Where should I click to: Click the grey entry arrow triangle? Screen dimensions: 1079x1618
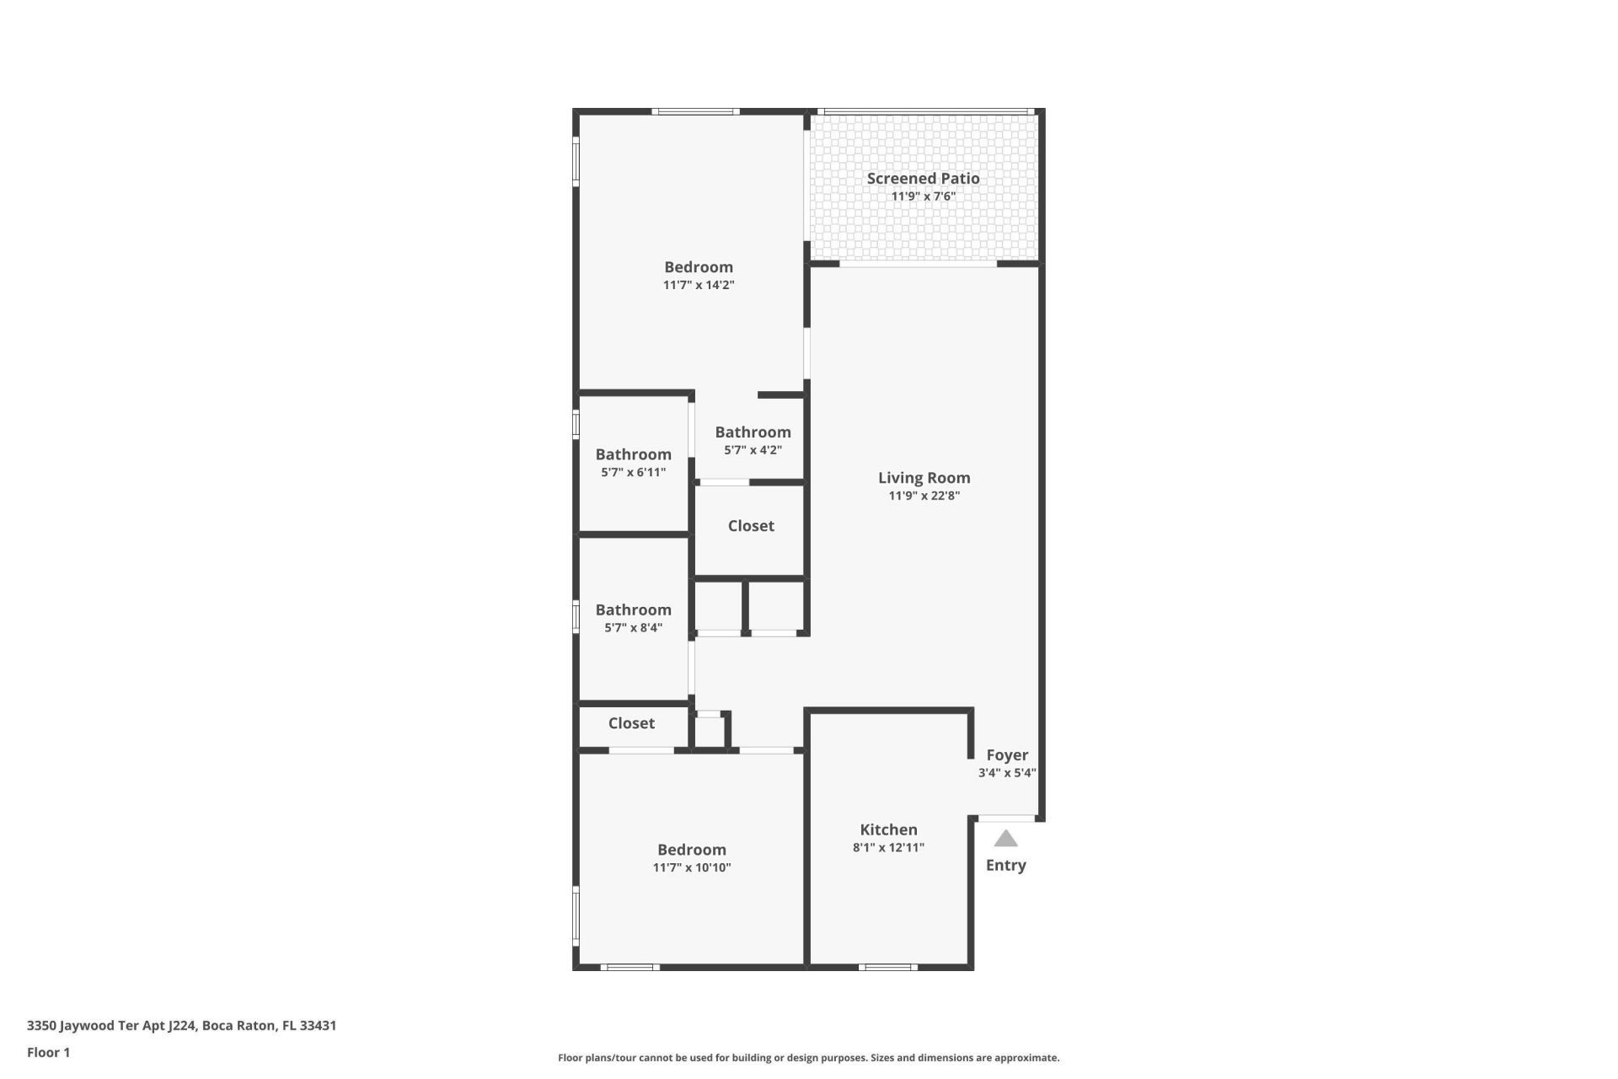(1005, 839)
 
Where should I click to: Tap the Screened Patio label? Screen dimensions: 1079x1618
(923, 178)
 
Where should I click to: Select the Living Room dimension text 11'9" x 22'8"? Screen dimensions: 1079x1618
(924, 496)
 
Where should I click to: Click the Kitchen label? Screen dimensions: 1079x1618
(888, 829)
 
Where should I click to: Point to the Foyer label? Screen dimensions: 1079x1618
(1007, 755)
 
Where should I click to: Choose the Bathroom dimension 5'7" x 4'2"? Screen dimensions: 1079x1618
(753, 450)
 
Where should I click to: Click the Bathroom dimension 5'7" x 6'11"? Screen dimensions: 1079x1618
(633, 473)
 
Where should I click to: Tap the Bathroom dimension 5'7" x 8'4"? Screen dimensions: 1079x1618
(633, 628)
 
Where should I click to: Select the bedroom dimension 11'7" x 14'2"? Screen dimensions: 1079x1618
(698, 286)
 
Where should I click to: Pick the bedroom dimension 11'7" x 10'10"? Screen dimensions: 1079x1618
(691, 867)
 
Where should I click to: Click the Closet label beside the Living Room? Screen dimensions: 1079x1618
(751, 526)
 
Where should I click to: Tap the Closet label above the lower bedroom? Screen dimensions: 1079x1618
(631, 723)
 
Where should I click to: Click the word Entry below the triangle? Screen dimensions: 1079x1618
(1005, 865)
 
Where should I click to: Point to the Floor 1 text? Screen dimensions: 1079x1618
(48, 1052)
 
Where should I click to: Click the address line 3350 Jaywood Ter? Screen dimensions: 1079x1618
(181, 1026)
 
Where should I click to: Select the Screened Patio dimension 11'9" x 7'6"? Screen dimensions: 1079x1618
(923, 197)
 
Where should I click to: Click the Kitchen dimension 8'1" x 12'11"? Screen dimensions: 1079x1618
(888, 848)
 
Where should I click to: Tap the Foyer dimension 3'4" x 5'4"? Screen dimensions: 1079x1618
(1006, 773)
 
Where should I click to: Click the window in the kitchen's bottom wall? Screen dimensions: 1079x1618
(887, 967)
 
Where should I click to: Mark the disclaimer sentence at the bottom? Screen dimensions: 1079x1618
(808, 1058)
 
